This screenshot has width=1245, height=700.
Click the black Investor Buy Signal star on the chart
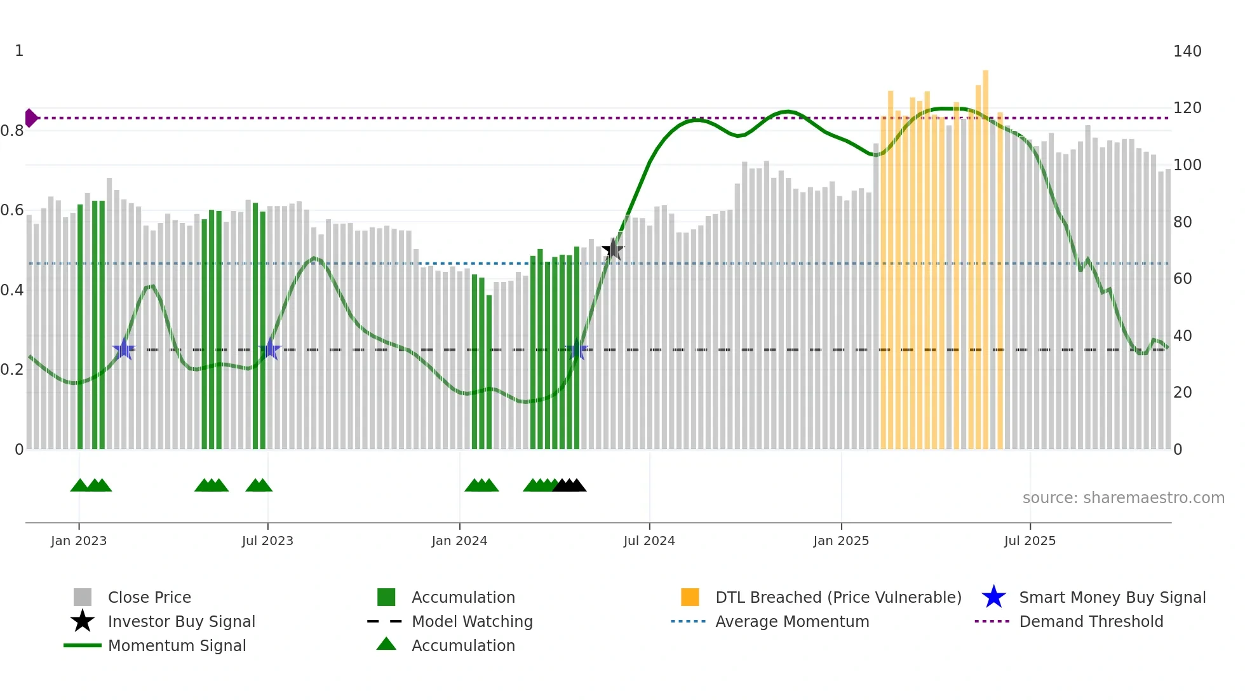[613, 249]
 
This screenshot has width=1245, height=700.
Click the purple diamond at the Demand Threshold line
[30, 118]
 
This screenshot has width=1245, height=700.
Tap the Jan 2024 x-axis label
[459, 541]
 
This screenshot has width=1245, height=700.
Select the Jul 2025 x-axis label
[1030, 541]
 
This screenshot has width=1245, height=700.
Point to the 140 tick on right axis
[1187, 51]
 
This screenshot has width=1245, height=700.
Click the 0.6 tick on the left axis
[11, 210]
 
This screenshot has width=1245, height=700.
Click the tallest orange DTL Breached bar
[985, 254]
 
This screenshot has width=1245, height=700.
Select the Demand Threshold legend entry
[1091, 622]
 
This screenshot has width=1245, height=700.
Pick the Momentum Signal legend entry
[177, 646]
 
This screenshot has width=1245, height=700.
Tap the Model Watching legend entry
[471, 622]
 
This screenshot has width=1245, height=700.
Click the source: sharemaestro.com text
[1123, 498]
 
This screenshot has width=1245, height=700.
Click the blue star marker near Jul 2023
[270, 349]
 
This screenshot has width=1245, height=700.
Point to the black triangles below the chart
[569, 486]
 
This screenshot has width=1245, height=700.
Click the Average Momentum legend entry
[791, 622]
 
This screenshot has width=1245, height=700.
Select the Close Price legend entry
[149, 598]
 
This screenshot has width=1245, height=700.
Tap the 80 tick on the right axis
[1182, 222]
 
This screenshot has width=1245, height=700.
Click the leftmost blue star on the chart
[124, 349]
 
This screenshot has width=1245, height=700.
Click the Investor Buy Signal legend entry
[181, 622]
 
